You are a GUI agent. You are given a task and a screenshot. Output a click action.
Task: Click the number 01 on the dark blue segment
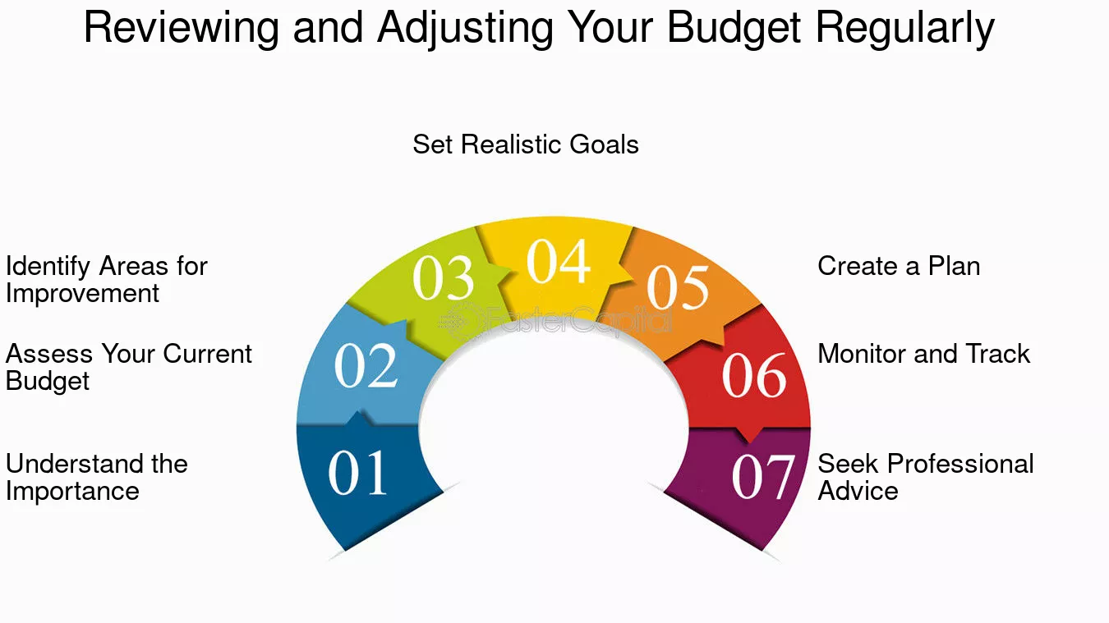(x=357, y=473)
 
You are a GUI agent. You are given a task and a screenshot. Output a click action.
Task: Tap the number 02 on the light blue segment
(x=366, y=366)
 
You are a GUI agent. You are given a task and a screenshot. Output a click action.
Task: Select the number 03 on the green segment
(x=443, y=277)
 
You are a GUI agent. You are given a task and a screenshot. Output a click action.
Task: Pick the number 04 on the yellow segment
(x=559, y=261)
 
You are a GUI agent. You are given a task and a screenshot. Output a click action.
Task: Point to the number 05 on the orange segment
(x=678, y=287)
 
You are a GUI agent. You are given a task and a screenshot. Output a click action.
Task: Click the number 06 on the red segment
(x=754, y=375)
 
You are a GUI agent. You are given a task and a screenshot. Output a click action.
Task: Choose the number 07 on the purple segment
(x=763, y=477)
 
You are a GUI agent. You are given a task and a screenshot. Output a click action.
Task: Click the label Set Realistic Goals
(x=525, y=144)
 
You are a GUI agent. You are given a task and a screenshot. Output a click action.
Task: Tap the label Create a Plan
(x=899, y=266)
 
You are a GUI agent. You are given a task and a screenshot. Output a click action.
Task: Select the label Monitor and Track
(x=924, y=354)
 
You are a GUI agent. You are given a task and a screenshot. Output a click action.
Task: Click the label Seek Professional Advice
(x=925, y=477)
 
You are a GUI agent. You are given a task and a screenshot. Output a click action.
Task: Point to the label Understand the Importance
(x=97, y=477)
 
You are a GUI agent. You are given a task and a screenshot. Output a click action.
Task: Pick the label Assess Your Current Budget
(x=129, y=367)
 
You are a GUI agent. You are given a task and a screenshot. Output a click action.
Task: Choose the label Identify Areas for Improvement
(x=107, y=280)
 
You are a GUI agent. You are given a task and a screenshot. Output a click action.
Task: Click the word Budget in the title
(x=734, y=29)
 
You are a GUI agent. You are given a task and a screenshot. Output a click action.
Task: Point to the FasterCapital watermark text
(x=554, y=321)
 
